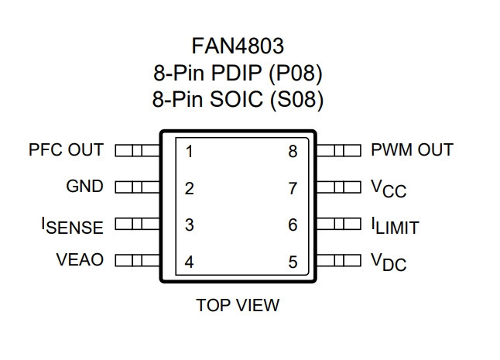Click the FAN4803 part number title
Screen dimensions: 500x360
[x=238, y=46]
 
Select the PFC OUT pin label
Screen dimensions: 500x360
[x=66, y=149]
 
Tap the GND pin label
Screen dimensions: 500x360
[x=85, y=186]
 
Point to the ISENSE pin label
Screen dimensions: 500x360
[x=73, y=226]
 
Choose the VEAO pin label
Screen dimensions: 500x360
[x=80, y=259]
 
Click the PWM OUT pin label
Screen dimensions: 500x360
[x=412, y=149]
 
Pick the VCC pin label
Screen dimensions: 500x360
[x=389, y=189]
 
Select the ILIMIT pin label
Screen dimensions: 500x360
[x=395, y=226]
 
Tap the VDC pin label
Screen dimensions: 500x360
[x=389, y=262]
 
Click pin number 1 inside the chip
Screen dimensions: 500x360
[x=190, y=152]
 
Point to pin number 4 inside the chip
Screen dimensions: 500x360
[x=189, y=262]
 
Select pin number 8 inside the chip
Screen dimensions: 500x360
[x=293, y=152]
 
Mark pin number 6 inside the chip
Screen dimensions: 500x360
[x=293, y=225]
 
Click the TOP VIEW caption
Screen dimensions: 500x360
[x=238, y=305]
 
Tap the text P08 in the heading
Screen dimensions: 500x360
[x=296, y=73]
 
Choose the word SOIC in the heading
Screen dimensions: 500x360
[x=236, y=99]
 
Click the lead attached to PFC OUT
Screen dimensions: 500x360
[x=138, y=150]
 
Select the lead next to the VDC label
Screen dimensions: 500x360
[x=339, y=260]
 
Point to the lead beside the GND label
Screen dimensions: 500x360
[x=138, y=187]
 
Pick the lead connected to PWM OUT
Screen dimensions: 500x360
[x=339, y=150]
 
